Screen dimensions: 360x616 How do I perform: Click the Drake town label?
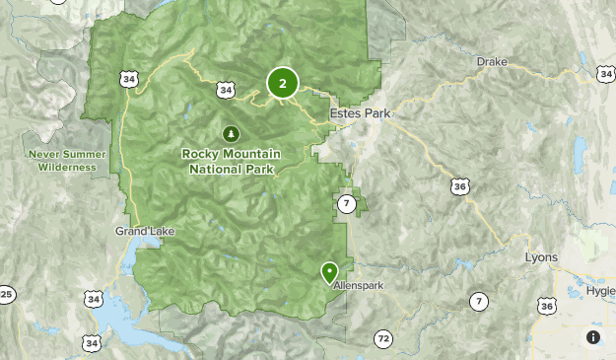(491, 62)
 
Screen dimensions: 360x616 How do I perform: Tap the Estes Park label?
(360, 113)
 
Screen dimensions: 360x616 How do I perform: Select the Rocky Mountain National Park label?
(231, 162)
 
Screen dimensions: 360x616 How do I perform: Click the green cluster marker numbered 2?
(283, 84)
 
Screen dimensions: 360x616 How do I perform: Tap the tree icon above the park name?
(231, 132)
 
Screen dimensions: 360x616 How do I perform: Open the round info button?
(593, 337)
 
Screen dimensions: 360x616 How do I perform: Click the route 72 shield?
(382, 338)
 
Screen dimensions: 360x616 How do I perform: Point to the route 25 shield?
(6, 294)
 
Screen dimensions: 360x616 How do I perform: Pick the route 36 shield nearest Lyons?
(546, 307)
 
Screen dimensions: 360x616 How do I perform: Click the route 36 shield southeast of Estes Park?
(459, 185)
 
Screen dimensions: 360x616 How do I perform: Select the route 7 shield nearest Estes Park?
(346, 204)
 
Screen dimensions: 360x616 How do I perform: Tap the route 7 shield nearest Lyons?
(479, 301)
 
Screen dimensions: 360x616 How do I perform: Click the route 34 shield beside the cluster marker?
(227, 91)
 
